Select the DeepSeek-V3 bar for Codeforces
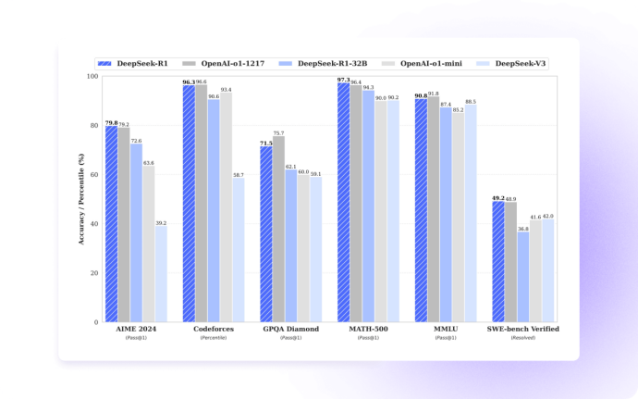click(239, 250)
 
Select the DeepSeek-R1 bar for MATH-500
click(343, 203)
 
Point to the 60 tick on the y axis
click(94, 175)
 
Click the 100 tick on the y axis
click(92, 76)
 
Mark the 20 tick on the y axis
click(94, 273)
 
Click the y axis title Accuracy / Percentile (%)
click(80, 199)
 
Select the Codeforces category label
click(214, 329)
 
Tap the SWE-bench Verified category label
click(523, 329)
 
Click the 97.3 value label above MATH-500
click(343, 80)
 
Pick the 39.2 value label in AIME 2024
click(161, 223)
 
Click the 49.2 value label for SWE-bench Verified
click(497, 198)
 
